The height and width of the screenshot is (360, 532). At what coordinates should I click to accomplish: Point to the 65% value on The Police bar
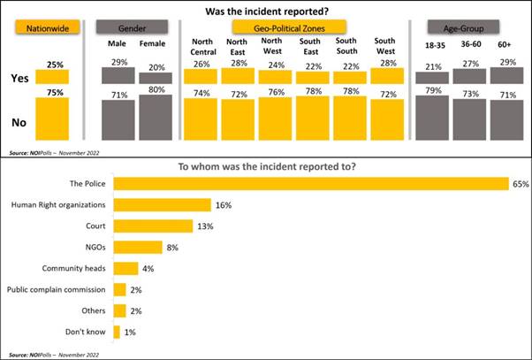pyautogui.click(x=520, y=183)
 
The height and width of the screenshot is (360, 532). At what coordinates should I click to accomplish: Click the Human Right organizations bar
pyautogui.click(x=163, y=204)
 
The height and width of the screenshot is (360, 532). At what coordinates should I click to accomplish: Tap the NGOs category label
pyautogui.click(x=94, y=247)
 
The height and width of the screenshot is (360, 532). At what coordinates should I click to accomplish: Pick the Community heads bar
pyautogui.click(x=126, y=268)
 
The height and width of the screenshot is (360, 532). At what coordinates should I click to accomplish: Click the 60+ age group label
pyautogui.click(x=504, y=45)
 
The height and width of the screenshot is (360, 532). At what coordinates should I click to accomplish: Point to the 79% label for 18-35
pyautogui.click(x=432, y=88)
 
